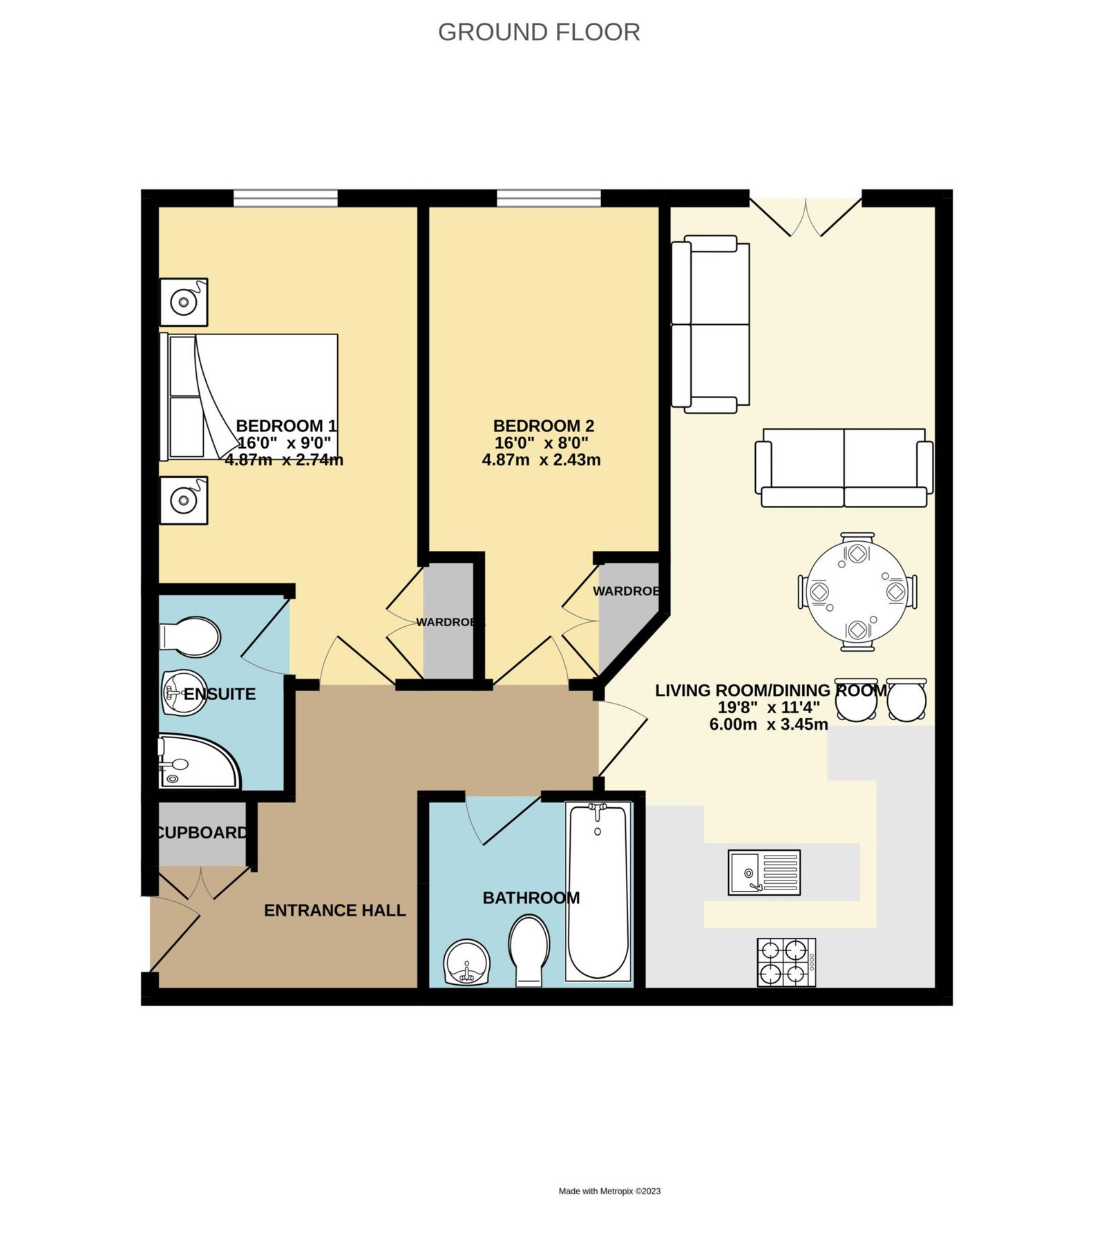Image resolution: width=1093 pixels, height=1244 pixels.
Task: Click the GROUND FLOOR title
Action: (539, 32)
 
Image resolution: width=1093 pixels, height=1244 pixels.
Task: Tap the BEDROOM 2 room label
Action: (543, 426)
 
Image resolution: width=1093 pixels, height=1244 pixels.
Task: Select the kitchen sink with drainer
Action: (764, 872)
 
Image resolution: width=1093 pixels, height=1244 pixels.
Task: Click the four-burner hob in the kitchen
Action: (786, 962)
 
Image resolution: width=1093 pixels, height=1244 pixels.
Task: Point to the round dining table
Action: (857, 592)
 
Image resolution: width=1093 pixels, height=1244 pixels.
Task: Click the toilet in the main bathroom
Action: (529, 948)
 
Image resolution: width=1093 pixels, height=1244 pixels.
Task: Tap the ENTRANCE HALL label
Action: (334, 910)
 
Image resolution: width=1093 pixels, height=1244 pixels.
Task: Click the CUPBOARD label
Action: (202, 833)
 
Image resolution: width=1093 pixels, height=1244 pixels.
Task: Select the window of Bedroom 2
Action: (549, 198)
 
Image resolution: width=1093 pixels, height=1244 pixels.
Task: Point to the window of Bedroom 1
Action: (285, 198)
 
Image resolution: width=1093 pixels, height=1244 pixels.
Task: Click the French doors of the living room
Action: (806, 214)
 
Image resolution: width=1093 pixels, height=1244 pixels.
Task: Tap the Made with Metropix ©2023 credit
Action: (609, 1191)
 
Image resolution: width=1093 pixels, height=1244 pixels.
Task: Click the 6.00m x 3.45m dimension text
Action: (768, 724)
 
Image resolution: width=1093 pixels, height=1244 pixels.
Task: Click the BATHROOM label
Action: (531, 898)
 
